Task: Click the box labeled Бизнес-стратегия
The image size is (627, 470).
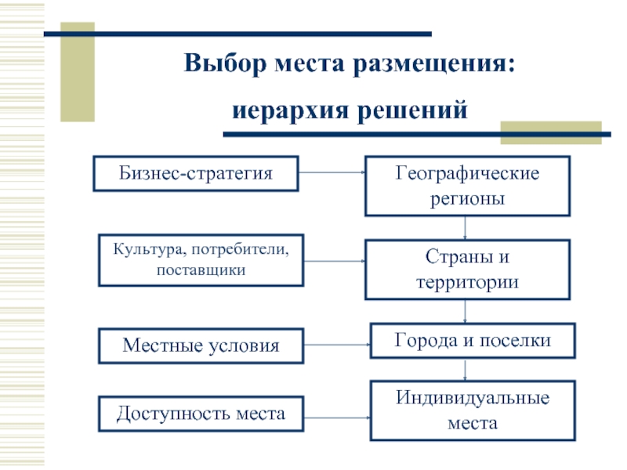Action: point(196,173)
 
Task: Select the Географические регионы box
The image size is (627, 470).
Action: point(466,186)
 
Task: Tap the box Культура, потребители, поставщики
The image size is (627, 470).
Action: point(201,259)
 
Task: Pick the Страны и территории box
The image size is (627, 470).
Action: point(466,269)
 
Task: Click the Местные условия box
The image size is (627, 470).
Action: point(200,345)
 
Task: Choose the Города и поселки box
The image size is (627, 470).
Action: point(472,341)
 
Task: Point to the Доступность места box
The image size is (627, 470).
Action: point(201,413)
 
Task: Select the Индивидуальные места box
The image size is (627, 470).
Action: point(472,410)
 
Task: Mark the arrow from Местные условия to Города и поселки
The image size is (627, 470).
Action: point(337,345)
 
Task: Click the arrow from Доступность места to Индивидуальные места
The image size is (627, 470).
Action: point(337,413)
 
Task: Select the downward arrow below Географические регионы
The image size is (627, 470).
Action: point(466,228)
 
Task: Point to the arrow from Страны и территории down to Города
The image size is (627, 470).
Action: point(467,311)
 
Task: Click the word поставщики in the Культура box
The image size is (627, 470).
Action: point(201,269)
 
